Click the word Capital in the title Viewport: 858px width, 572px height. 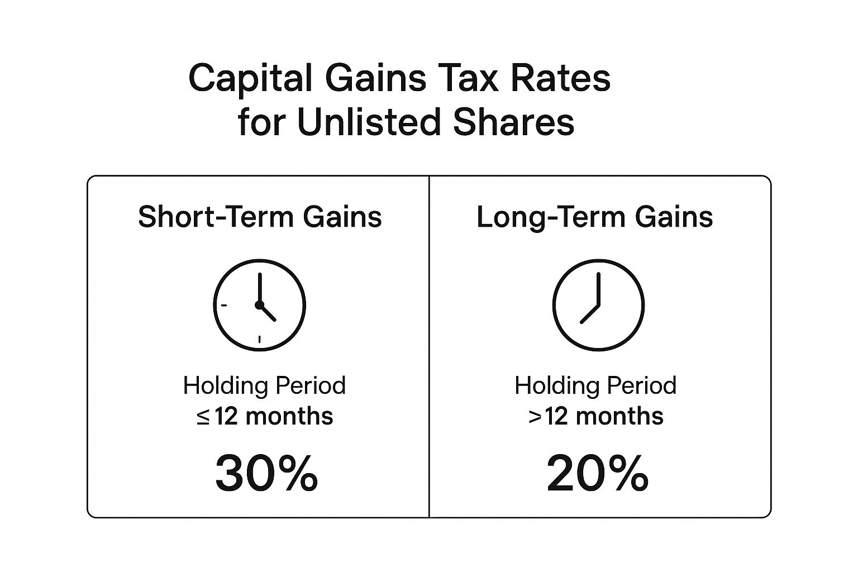[x=250, y=79]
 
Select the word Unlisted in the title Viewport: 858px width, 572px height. [x=369, y=122]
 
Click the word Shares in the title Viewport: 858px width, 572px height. [x=514, y=122]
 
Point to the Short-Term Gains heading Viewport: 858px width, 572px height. [x=260, y=217]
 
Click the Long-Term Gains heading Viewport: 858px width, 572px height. [x=594, y=217]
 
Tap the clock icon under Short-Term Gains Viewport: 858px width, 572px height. [x=259, y=305]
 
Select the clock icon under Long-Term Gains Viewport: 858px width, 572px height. [x=598, y=305]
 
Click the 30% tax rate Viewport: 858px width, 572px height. [x=266, y=474]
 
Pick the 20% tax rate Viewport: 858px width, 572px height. [x=597, y=474]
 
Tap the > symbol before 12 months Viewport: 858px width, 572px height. [x=535, y=417]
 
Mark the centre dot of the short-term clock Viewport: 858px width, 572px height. [x=259, y=305]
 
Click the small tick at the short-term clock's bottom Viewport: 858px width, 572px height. [x=259, y=339]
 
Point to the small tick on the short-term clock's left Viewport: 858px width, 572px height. [x=224, y=306]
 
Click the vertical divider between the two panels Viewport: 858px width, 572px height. [x=429, y=347]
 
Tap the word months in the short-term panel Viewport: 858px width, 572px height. [x=289, y=417]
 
